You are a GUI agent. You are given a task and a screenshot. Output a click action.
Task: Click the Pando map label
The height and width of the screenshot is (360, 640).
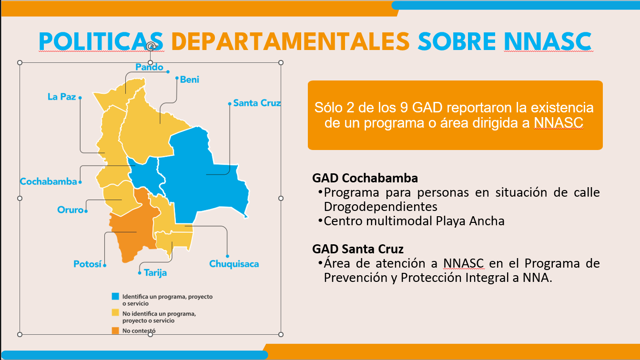pos(149,67)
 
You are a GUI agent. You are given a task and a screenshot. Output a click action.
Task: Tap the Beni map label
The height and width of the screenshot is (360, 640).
pos(190,80)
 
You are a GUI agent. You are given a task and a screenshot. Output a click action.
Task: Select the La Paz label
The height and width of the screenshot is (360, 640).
pos(62,97)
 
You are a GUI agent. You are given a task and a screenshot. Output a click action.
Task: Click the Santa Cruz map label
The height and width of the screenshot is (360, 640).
pos(257,103)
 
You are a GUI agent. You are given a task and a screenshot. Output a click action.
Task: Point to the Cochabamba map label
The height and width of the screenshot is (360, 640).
pos(48,181)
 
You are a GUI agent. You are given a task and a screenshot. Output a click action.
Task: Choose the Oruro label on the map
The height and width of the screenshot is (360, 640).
pos(70,210)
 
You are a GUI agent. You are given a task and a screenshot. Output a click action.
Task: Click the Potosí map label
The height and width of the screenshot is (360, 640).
pos(87,264)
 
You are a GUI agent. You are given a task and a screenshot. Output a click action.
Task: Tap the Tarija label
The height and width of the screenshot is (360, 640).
pos(155,273)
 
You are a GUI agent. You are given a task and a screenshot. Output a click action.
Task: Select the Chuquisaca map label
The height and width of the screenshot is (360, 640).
pos(234,264)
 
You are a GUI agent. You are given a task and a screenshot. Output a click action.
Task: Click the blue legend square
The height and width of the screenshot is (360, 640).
pos(115,296)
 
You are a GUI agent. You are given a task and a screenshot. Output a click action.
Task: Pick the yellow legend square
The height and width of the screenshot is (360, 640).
pos(115,312)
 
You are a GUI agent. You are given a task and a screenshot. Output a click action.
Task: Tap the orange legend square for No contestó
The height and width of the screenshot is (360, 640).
pos(115,330)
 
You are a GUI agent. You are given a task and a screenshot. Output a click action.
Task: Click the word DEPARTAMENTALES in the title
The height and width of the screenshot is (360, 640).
pos(291,42)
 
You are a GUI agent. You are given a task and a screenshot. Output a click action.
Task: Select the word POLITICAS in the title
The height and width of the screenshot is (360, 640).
pos(101,42)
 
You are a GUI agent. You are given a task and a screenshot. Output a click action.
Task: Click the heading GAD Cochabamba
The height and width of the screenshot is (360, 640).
pos(365,178)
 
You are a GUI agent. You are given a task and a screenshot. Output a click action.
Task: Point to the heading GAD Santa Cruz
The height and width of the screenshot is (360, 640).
pos(358,249)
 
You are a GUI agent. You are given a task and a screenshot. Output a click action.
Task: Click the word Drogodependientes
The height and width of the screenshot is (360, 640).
pos(380,207)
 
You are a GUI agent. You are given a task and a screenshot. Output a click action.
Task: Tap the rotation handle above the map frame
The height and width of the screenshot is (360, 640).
pos(151,46)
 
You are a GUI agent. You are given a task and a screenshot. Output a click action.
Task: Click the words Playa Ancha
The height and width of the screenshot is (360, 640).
pos(470,221)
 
